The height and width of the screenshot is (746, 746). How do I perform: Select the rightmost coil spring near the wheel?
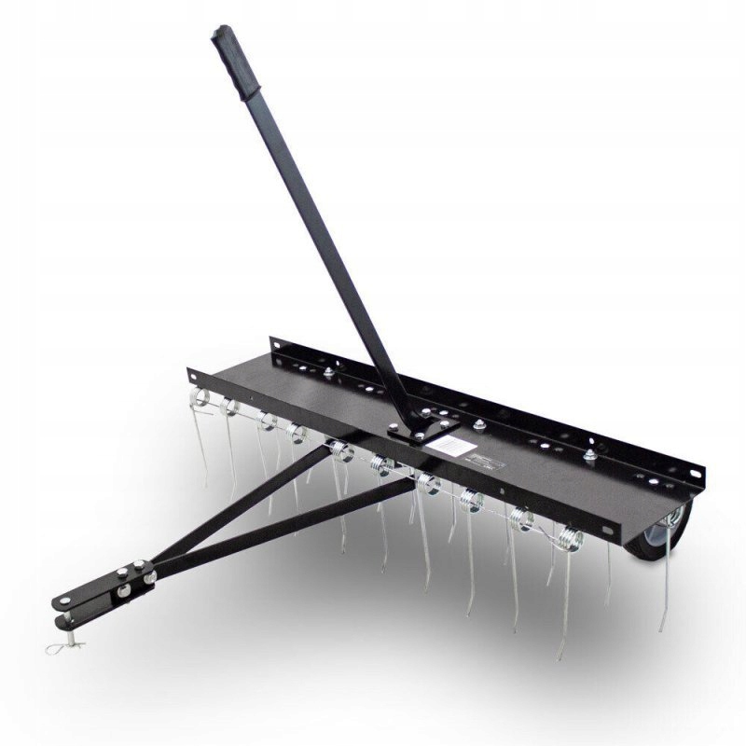565,538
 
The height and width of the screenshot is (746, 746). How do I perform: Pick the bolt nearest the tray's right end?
589,456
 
